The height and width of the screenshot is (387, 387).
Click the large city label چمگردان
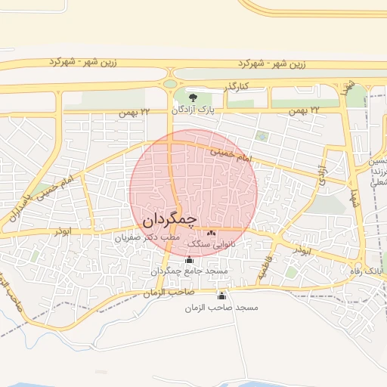pos(169,220)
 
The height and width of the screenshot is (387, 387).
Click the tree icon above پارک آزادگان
pos(193,98)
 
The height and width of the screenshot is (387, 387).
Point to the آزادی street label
pos(323,175)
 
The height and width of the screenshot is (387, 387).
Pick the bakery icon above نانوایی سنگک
pos(211,234)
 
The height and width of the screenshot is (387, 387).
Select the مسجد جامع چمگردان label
pos(189,271)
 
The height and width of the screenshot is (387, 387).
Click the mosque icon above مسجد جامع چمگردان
pos(189,260)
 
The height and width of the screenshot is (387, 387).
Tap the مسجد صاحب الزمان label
pos(221,308)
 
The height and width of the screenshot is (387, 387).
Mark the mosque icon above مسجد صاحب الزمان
pos(221,296)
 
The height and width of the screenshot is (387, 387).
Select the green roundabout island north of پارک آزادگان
pos(171,82)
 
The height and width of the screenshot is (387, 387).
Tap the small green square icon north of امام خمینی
pos(262,136)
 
